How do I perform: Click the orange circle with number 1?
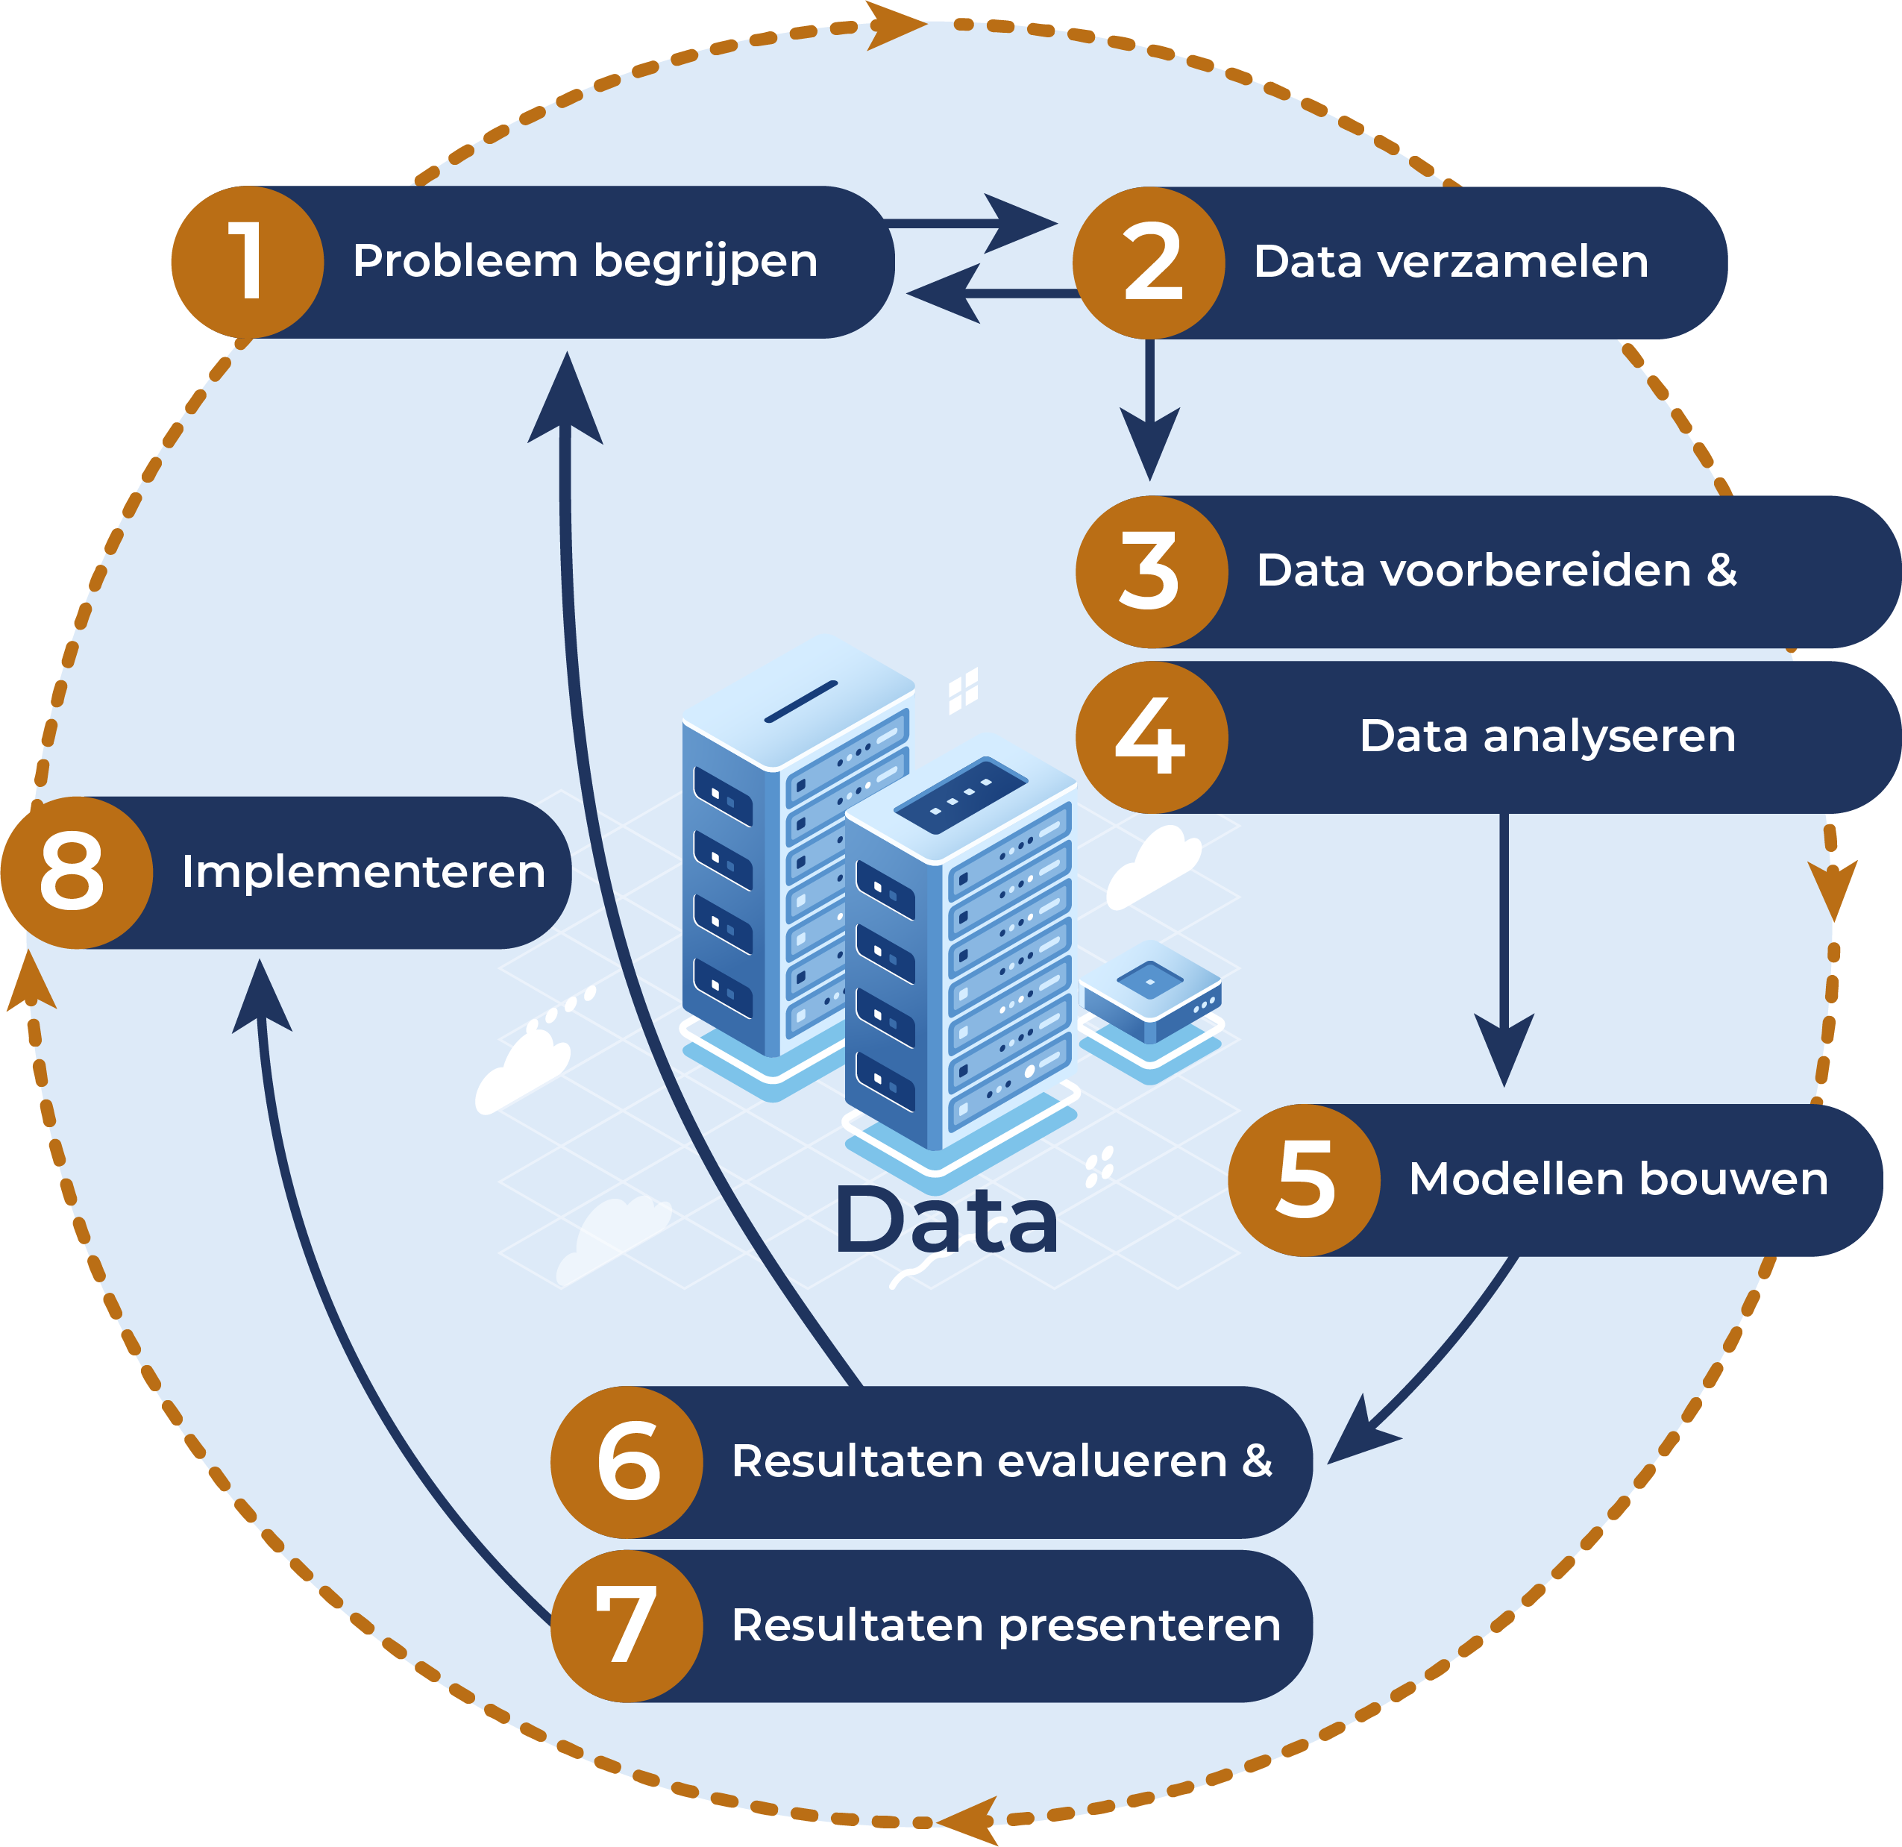point(248,262)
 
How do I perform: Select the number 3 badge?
point(1152,573)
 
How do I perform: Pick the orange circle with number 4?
point(1152,738)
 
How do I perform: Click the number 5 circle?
point(1305,1180)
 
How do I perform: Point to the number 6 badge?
point(627,1461)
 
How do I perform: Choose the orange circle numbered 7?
point(627,1625)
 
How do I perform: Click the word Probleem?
point(465,261)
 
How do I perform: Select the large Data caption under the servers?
point(946,1221)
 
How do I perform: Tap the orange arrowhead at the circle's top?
point(893,25)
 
